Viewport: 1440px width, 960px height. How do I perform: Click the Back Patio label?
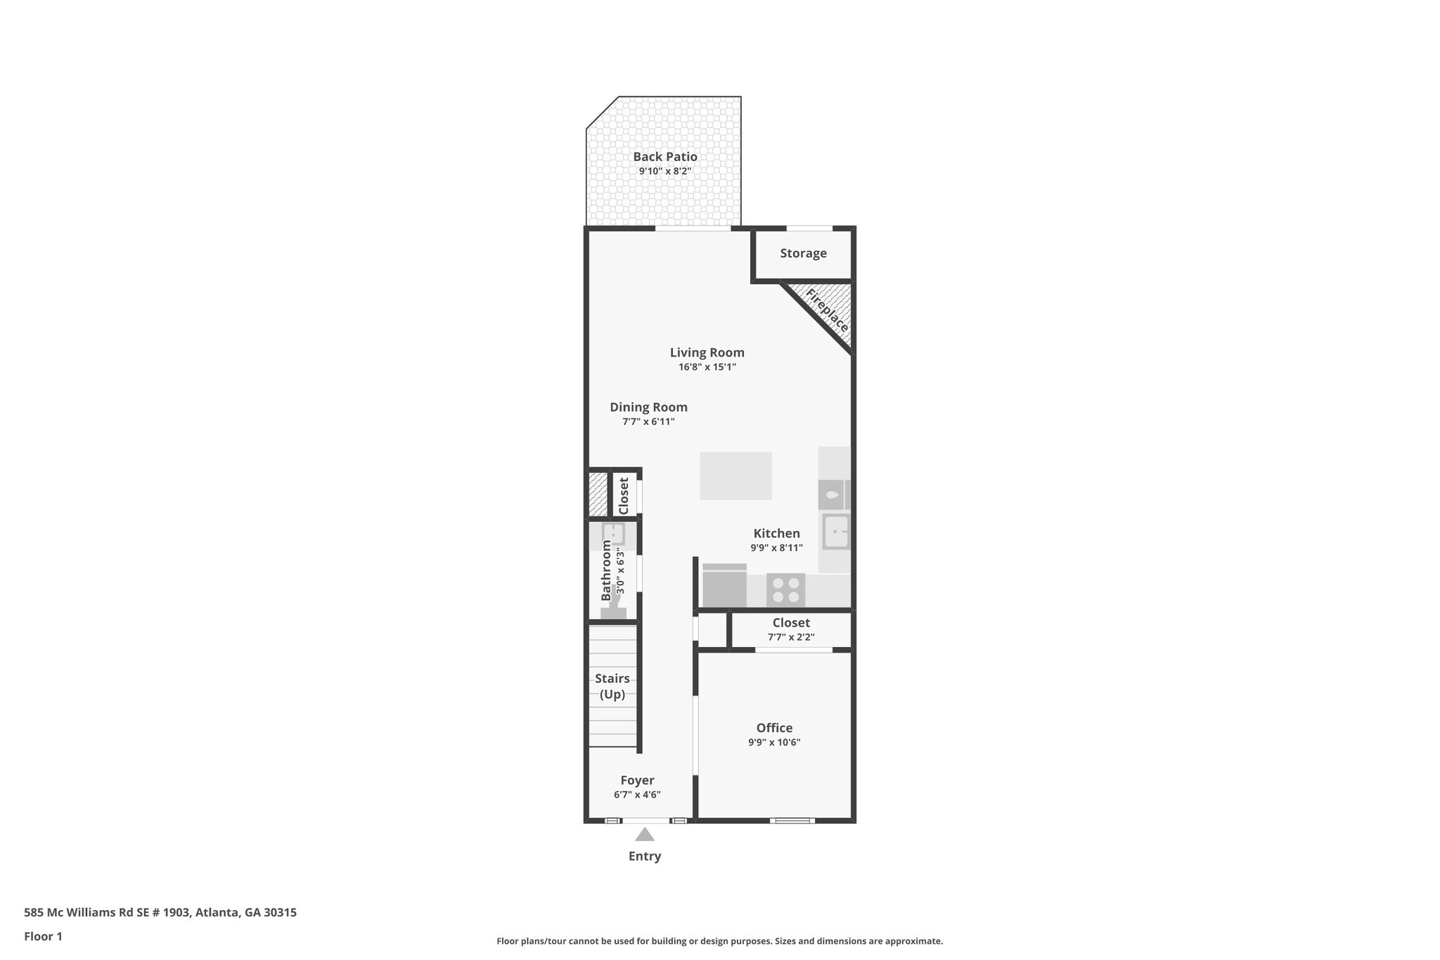click(x=664, y=156)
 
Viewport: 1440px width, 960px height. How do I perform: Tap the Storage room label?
click(x=803, y=253)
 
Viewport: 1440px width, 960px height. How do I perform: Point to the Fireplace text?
click(x=827, y=310)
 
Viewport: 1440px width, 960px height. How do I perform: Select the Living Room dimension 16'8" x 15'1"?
click(x=707, y=367)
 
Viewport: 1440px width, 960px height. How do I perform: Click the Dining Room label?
click(x=648, y=407)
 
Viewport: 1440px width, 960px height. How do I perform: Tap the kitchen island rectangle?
click(x=735, y=476)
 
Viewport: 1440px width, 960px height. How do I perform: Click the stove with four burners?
click(x=785, y=589)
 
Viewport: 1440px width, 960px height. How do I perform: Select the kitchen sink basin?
click(x=835, y=532)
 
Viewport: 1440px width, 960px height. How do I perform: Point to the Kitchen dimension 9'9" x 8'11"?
click(x=776, y=548)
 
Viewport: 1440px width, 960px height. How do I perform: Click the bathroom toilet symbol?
click(x=613, y=610)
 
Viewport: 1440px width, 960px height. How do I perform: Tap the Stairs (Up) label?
click(x=612, y=686)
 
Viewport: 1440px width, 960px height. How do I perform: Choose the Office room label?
click(x=774, y=728)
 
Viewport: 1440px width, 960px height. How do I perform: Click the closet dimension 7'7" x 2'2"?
click(x=791, y=637)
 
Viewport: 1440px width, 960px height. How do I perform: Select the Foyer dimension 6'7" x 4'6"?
click(x=637, y=795)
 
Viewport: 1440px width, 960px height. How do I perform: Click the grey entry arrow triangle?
click(x=645, y=835)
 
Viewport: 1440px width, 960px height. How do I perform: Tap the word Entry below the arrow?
click(x=645, y=856)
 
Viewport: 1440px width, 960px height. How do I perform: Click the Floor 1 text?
click(x=43, y=936)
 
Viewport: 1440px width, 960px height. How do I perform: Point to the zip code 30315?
click(x=280, y=912)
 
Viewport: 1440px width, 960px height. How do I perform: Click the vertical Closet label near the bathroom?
click(x=624, y=496)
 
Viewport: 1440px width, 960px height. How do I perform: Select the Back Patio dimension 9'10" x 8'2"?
click(x=664, y=171)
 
